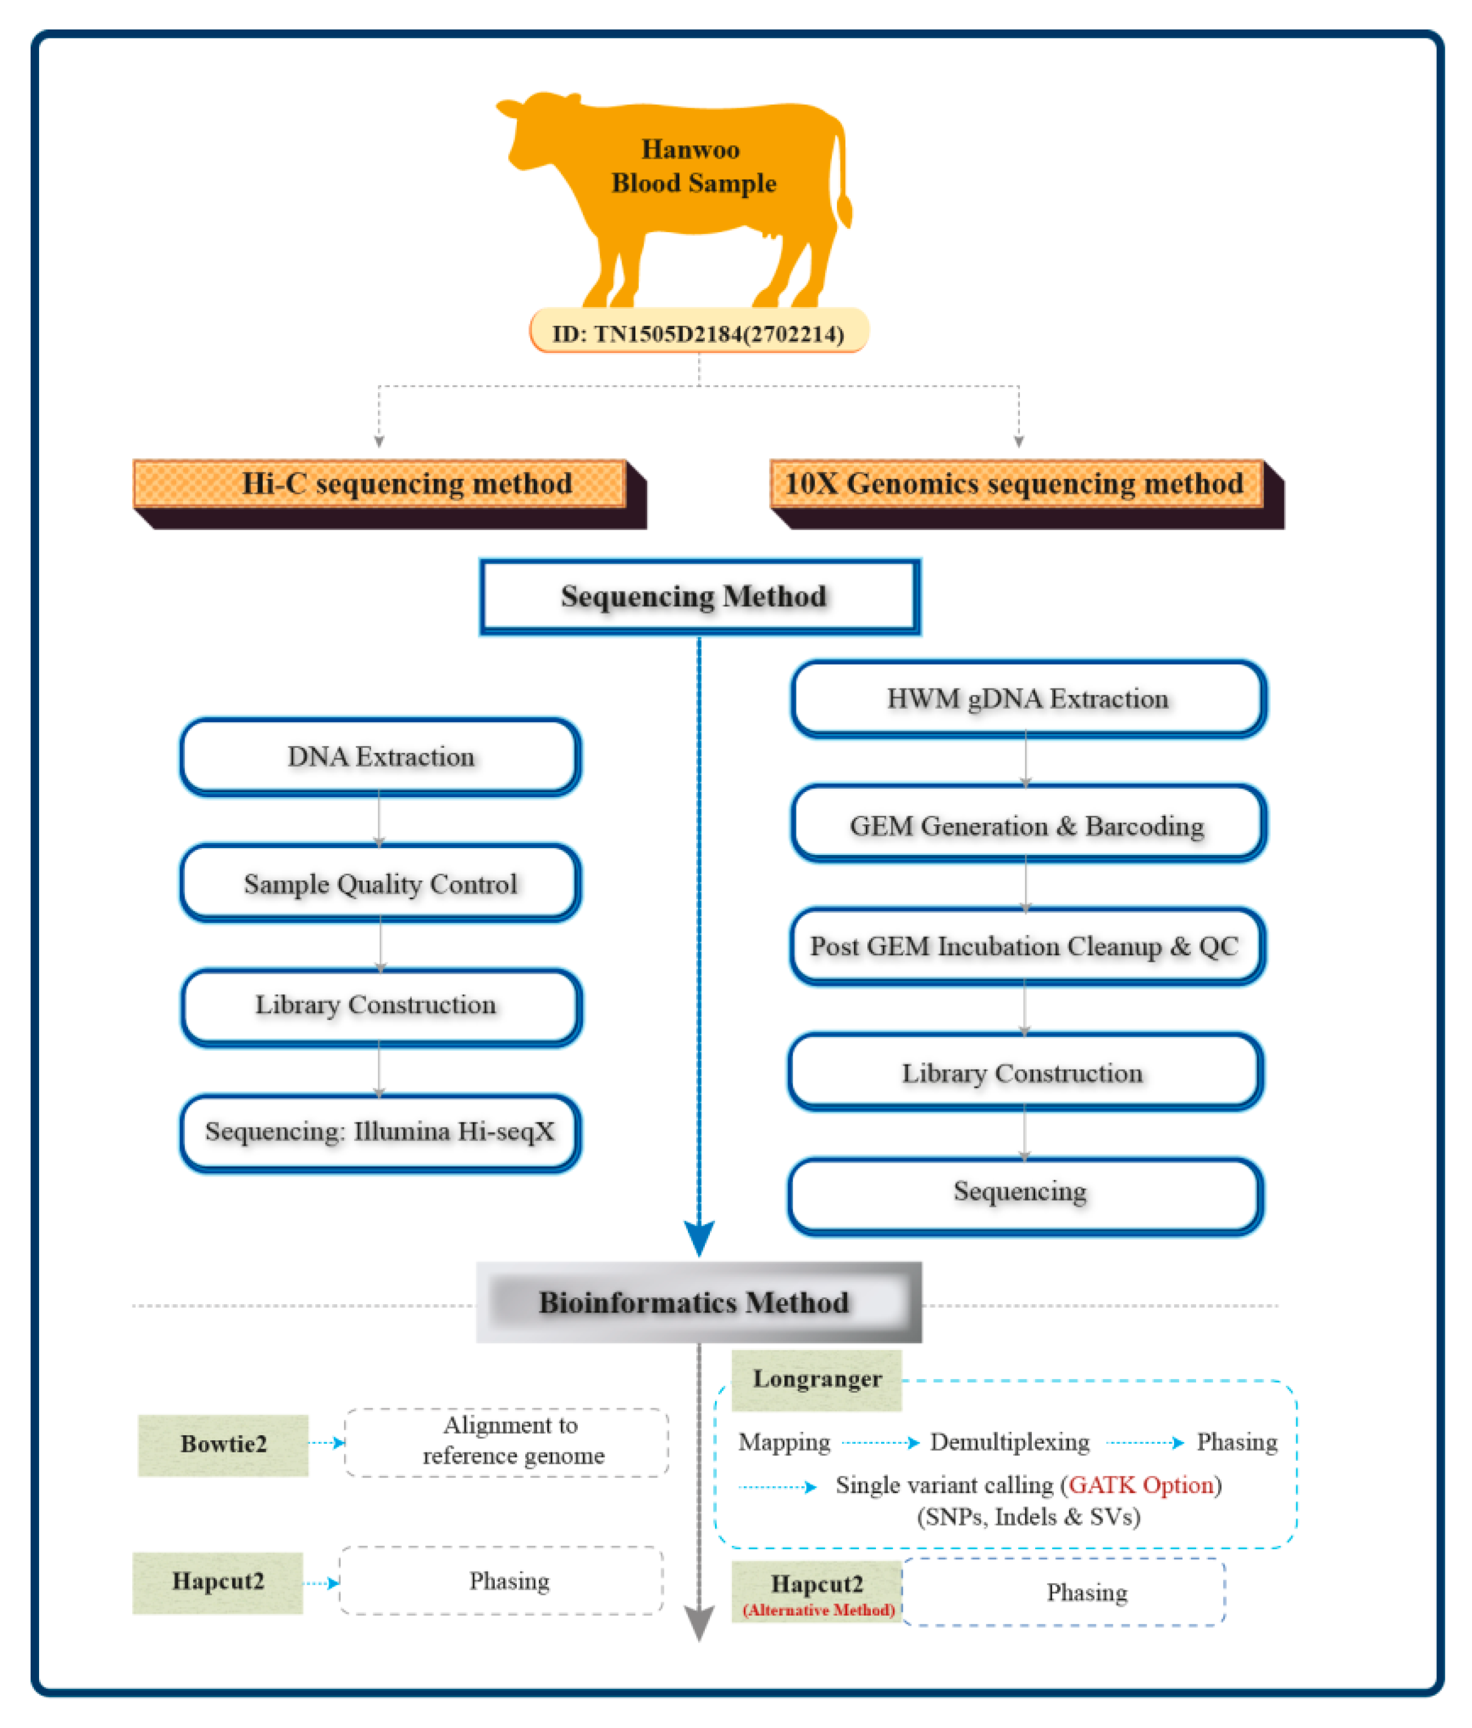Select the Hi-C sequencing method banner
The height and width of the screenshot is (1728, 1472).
380,484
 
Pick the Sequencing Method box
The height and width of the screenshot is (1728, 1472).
699,596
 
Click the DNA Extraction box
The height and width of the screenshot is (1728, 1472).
380,756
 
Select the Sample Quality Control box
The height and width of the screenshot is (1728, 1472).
380,883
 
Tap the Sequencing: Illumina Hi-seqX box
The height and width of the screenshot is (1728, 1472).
380,1132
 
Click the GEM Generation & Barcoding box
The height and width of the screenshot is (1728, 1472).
1027,825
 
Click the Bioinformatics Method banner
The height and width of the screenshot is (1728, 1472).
699,1303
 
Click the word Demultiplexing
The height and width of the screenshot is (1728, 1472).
1009,1442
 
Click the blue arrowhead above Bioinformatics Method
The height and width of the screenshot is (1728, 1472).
699,1237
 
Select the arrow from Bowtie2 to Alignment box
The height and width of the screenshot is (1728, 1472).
326,1443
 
